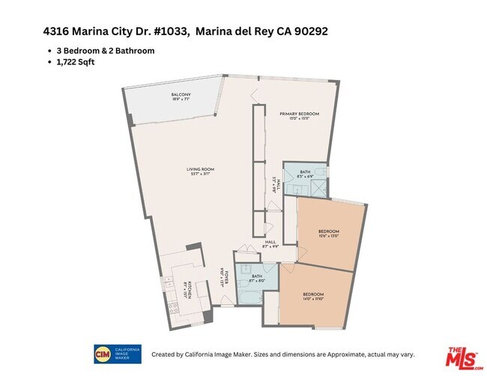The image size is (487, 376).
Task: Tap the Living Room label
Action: (200, 172)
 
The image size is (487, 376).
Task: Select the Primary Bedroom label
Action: (299, 115)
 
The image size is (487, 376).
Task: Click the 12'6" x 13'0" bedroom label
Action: (330, 233)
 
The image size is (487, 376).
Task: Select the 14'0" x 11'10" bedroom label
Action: (313, 296)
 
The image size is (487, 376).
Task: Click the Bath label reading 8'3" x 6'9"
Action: (305, 175)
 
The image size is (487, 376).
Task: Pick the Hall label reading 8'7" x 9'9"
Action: (271, 244)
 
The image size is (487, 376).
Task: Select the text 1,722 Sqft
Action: (75, 61)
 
